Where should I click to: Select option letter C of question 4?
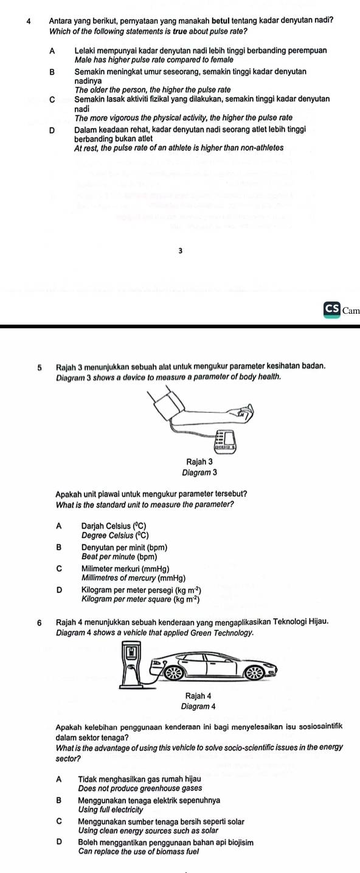(x=52, y=99)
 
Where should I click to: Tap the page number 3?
(x=180, y=251)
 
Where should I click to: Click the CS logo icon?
(x=332, y=310)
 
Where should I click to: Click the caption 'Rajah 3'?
(x=199, y=462)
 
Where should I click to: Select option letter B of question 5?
(x=59, y=547)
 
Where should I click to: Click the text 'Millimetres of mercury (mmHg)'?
(x=133, y=578)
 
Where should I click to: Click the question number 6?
(x=39, y=623)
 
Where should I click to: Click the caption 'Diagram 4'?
(x=198, y=706)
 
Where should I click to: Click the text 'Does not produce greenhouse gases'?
(x=140, y=788)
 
